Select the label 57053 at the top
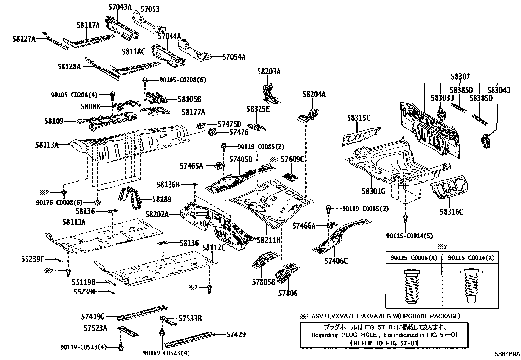150,9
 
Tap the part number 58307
460,77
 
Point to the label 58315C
358,118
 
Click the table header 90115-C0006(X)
414,258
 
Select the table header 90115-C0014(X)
471,258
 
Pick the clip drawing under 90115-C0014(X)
470,286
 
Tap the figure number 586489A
507,354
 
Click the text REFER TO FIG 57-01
384,343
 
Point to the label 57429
236,334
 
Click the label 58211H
269,241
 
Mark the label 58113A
47,144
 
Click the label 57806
288,293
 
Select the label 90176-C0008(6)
59,203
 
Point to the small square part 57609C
290,177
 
